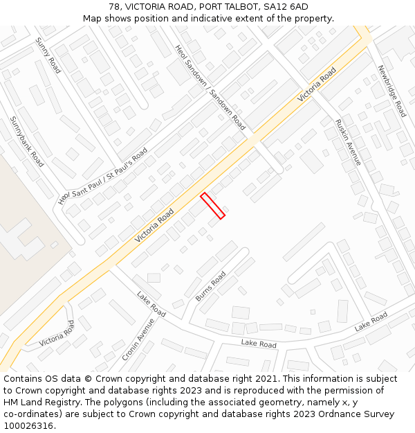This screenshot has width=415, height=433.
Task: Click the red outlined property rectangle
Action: point(213,206)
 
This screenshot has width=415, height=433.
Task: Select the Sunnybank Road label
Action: point(27,141)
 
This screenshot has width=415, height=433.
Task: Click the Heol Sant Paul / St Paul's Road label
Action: point(103,176)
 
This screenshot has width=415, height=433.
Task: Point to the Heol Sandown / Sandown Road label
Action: point(210,88)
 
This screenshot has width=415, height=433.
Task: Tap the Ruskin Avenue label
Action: point(348,142)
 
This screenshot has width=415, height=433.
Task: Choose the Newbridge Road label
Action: point(391,91)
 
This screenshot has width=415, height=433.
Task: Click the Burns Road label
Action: point(211,286)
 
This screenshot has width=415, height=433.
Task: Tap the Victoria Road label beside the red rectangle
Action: point(154,226)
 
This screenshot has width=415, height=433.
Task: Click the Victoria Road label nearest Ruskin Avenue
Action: point(317,85)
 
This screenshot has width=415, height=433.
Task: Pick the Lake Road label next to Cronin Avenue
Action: point(151,305)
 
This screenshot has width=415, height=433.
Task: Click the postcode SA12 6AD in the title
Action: point(285,7)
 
